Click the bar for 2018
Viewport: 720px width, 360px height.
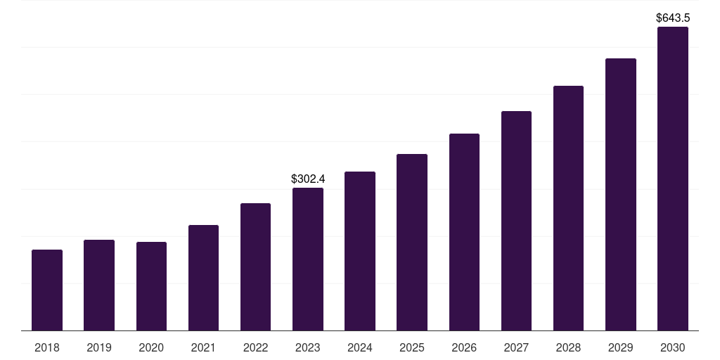point(47,290)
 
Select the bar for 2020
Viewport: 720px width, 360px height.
point(151,286)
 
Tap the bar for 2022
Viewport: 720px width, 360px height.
point(255,266)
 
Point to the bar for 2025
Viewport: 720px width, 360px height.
point(412,242)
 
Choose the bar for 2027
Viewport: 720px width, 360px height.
point(516,221)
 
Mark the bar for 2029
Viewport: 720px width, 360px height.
point(620,194)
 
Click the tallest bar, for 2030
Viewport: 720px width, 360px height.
point(673,179)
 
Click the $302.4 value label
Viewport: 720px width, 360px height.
point(308,179)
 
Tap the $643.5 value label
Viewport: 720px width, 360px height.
point(673,18)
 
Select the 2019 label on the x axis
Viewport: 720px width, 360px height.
point(99,348)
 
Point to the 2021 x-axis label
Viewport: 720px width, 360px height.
point(203,348)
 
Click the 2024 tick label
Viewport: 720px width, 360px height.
point(360,348)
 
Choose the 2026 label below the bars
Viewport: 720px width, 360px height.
point(464,348)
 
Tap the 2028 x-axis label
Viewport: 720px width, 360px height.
point(568,348)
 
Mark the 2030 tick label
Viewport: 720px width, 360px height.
point(673,348)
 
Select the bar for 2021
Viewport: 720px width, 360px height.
point(203,278)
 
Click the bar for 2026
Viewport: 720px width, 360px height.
point(464,232)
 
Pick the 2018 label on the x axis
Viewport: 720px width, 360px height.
point(47,348)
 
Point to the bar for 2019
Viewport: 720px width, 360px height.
point(99,285)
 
